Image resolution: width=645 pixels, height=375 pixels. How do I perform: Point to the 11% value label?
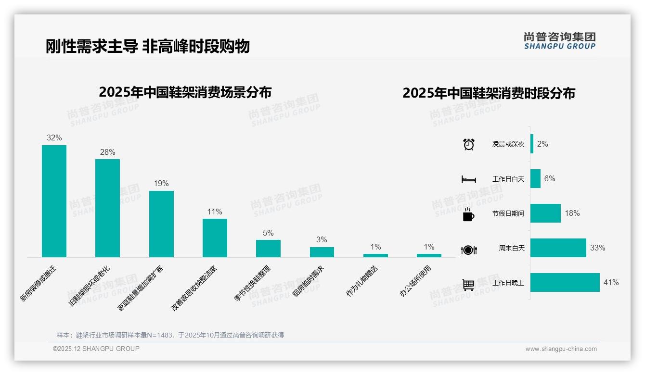(215, 212)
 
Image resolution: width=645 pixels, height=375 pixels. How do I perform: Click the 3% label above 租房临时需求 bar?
(322, 239)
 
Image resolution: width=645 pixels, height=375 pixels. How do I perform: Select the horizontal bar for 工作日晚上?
(565, 282)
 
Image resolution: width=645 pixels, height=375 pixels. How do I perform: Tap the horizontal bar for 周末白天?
(558, 248)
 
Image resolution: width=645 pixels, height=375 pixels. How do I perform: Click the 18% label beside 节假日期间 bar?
(572, 213)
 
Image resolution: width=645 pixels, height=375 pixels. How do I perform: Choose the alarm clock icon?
(469, 144)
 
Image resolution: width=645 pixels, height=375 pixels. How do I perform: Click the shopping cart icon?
(468, 285)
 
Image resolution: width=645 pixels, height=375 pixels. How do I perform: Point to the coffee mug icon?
(468, 215)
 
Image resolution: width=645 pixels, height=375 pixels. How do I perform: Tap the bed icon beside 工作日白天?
(468, 179)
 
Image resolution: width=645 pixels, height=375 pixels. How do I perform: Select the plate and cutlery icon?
(468, 250)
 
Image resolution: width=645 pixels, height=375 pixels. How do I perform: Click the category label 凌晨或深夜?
(508, 144)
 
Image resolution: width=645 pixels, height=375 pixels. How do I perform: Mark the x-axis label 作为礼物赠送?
(362, 281)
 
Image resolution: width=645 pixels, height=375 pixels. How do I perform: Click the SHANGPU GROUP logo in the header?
(559, 40)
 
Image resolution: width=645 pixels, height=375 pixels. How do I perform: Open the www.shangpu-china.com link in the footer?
(561, 349)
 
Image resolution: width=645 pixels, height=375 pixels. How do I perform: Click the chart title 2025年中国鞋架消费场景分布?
(185, 92)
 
